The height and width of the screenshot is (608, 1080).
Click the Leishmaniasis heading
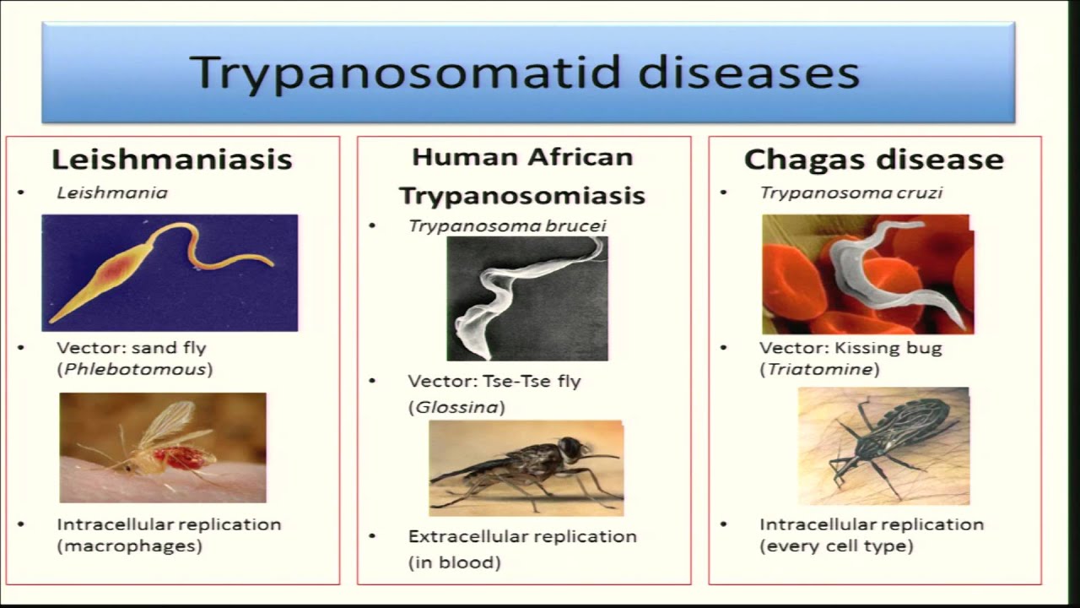(172, 159)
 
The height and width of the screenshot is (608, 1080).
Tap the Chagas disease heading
(873, 160)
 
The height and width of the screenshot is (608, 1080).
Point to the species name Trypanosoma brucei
(507, 225)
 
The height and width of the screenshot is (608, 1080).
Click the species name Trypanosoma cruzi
(850, 193)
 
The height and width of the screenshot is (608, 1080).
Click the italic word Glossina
(456, 407)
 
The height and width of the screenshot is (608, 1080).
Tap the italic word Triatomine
(819, 369)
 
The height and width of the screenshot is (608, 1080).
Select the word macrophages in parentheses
(130, 546)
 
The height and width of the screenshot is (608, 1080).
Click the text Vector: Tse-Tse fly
(494, 381)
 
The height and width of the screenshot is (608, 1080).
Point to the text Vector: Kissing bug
(850, 347)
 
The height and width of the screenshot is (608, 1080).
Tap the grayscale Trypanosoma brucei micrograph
(526, 297)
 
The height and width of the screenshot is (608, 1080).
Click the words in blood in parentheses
(455, 562)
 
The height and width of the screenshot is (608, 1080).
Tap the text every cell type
(836, 546)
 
